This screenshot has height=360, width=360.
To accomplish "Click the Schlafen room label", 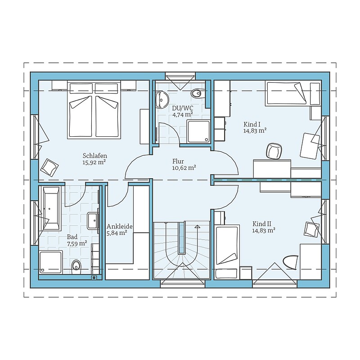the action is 95,156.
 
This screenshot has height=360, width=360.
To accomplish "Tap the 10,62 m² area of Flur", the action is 184,168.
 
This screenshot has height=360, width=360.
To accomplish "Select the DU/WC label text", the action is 183,108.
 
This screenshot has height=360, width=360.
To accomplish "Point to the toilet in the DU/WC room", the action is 197,93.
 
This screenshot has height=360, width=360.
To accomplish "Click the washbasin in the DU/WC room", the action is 162,99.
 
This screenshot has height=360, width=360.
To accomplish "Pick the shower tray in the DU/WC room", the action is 198,131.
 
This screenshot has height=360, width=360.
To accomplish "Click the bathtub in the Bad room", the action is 50,208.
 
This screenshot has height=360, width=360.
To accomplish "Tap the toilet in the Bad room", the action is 76,267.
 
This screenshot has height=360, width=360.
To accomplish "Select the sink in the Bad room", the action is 93,220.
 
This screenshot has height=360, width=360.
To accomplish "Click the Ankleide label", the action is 119,226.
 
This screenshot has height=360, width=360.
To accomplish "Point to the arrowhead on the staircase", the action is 197,227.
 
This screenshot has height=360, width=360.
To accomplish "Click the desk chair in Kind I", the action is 274,151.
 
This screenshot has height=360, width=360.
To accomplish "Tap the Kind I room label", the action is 252,125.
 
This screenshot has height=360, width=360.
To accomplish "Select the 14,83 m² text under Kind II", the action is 264,230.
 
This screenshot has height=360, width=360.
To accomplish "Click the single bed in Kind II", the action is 227,252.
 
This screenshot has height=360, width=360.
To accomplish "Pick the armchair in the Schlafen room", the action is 49,167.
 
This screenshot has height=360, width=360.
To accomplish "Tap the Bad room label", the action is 72,237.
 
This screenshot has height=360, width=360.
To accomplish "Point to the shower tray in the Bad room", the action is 51,262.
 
